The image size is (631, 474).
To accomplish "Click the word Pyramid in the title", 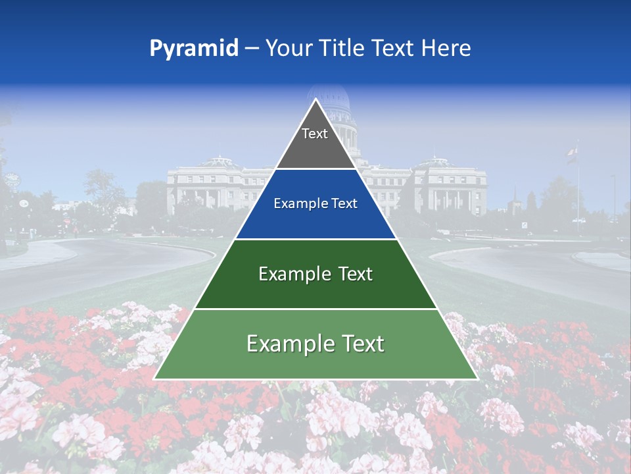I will (193, 48).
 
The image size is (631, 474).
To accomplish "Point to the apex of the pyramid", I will (315, 100).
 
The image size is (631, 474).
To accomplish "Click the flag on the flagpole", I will (571, 153).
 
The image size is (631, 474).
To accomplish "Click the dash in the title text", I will (252, 48).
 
